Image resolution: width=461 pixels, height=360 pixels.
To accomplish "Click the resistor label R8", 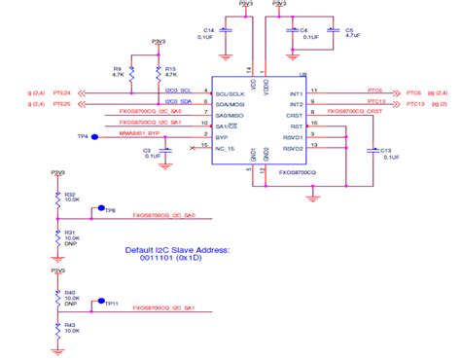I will coord(118,68).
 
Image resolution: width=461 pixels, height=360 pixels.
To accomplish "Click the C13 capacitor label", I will coord(386,151).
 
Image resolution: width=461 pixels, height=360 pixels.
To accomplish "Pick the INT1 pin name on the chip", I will coord(296,91).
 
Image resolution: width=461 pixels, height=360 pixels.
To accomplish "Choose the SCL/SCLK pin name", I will coord(230,91).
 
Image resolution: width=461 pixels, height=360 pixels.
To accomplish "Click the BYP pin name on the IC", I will coord(222,135).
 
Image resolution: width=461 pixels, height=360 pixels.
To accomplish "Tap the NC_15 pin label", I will coord(226,146).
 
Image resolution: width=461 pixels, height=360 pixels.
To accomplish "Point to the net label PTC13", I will coord(414,103).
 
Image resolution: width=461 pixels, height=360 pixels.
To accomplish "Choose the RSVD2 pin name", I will coord(294,147).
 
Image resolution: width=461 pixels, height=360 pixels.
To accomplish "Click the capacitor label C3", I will coord(147,151).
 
